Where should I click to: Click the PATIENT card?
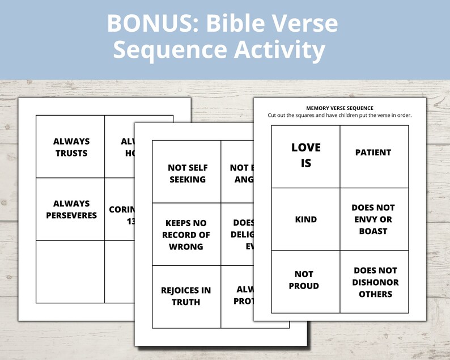tap(373, 153)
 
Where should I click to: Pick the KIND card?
tap(306, 219)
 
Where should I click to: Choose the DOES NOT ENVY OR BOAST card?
tap(373, 219)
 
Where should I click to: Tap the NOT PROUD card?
tap(304, 280)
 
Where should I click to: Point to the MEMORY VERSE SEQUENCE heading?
tap(339, 108)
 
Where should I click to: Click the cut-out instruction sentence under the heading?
tap(339, 116)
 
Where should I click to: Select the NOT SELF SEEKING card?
tap(188, 173)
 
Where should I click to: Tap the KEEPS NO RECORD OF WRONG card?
tap(186, 235)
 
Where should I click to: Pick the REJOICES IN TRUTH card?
tap(186, 296)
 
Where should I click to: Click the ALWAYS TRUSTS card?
tap(71, 147)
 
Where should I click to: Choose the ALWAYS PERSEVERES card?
tap(71, 209)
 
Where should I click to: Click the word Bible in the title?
tap(235, 24)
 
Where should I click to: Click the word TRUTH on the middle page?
tap(186, 302)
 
